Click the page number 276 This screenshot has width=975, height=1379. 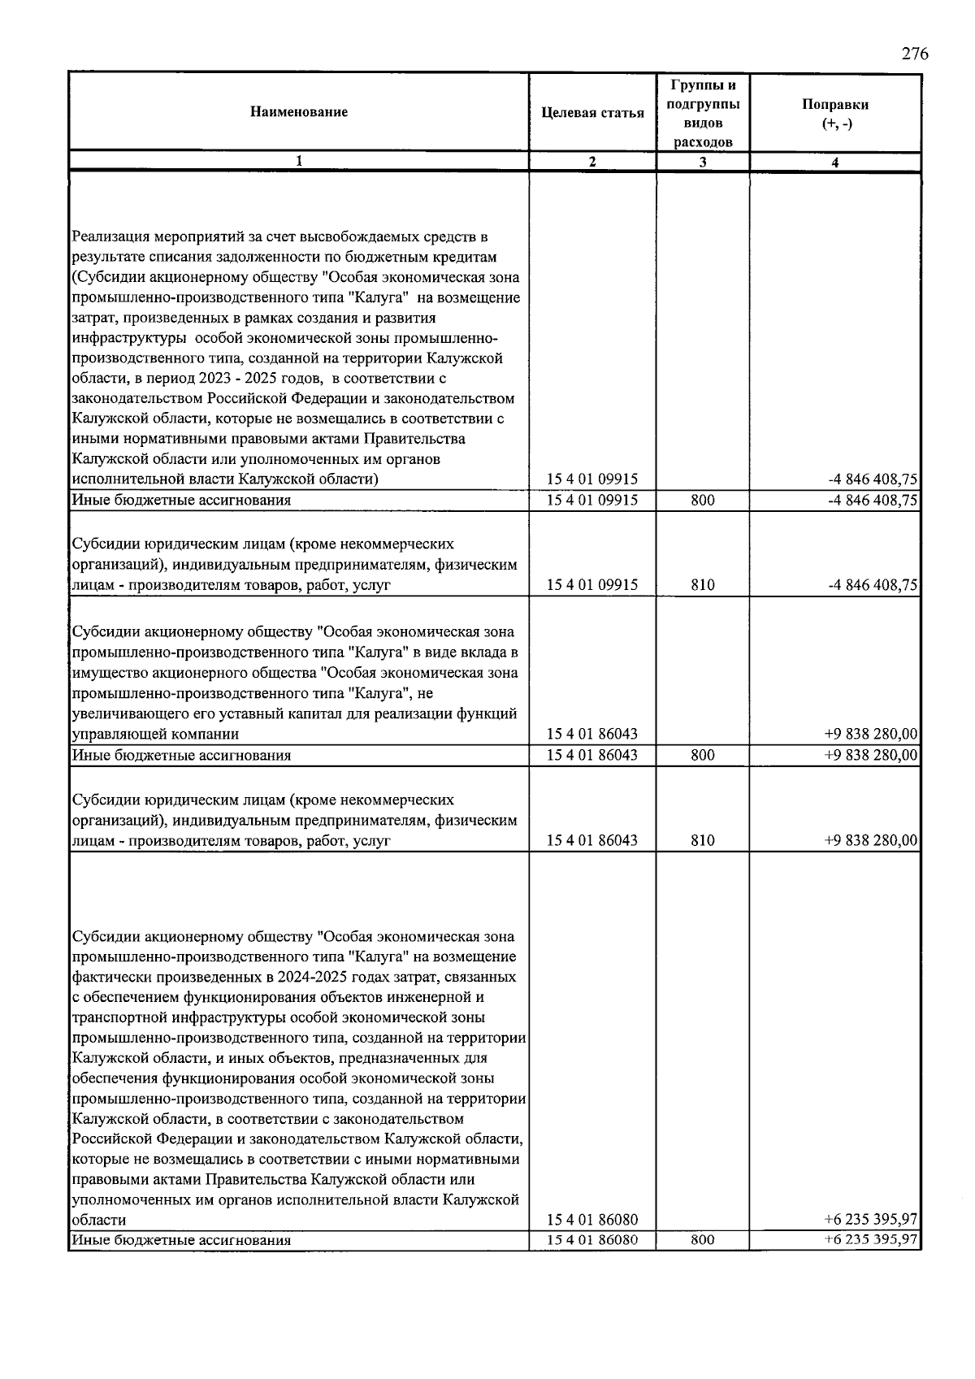tap(914, 54)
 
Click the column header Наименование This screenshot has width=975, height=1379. tap(298, 112)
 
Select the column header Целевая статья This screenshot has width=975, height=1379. tap(592, 113)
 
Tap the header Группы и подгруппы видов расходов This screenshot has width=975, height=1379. tap(703, 113)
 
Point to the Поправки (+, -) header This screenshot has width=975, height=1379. tap(834, 114)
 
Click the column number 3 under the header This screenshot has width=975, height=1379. tap(703, 162)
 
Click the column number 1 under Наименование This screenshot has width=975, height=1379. tap(298, 162)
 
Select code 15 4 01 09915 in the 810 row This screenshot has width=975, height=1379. tap(592, 585)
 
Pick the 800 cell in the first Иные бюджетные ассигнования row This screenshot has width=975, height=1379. tap(703, 501)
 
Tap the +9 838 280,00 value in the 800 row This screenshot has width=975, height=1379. tap(871, 755)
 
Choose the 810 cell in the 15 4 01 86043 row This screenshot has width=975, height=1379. tap(703, 840)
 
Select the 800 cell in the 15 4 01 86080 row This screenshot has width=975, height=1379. tap(703, 1240)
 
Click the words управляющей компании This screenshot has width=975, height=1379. tap(155, 735)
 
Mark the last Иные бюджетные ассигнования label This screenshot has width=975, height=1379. tap(181, 1240)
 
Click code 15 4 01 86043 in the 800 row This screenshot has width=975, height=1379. tap(592, 755)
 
